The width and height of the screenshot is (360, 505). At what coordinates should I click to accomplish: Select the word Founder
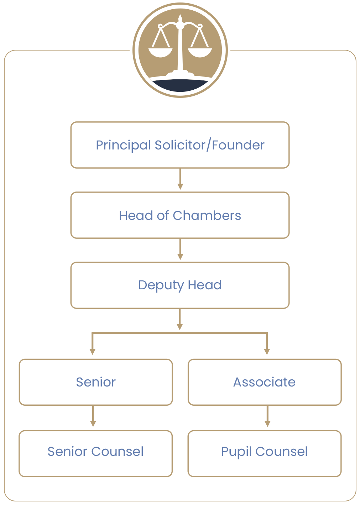pyautogui.click(x=238, y=145)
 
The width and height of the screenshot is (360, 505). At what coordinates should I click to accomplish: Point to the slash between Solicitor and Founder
pyautogui.click(x=209, y=145)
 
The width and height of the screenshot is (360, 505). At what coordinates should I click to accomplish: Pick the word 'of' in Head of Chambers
pyautogui.click(x=163, y=216)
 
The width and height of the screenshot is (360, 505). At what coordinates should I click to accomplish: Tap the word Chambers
pyautogui.click(x=207, y=216)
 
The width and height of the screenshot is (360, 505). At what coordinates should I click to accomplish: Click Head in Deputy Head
pyautogui.click(x=205, y=285)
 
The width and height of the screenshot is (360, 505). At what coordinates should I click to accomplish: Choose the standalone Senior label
pyautogui.click(x=96, y=382)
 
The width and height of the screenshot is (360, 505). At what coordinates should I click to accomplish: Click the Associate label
pyautogui.click(x=264, y=382)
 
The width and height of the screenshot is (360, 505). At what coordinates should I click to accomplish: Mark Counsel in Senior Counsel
pyautogui.click(x=117, y=452)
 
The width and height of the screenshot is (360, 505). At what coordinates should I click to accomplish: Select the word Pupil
pyautogui.click(x=236, y=452)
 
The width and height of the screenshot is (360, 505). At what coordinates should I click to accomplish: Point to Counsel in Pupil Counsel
pyautogui.click(x=281, y=452)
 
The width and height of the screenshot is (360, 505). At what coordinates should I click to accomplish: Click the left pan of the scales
pyautogui.click(x=160, y=53)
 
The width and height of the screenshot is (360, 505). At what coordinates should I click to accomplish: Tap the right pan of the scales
pyautogui.click(x=200, y=53)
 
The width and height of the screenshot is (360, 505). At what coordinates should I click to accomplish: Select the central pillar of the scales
pyautogui.click(x=180, y=50)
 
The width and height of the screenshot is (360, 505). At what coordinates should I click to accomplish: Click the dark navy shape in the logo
pyautogui.click(x=180, y=86)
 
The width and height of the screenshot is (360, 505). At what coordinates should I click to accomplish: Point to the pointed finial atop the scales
pyautogui.click(x=180, y=18)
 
